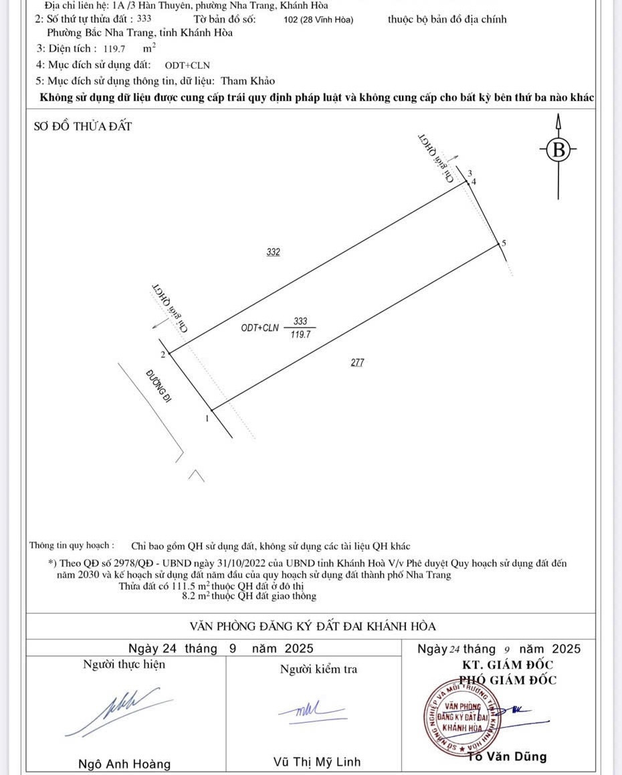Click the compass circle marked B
[x=558, y=150]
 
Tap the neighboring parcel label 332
[x=273, y=252]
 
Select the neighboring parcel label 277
[x=358, y=362]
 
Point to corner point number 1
[x=207, y=419]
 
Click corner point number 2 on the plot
[x=163, y=352]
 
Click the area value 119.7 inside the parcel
[x=300, y=334]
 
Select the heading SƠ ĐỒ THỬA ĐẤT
[x=83, y=126]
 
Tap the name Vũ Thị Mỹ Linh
[x=317, y=762]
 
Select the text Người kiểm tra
[x=318, y=669]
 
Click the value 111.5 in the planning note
[x=185, y=586]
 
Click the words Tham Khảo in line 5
[x=248, y=81]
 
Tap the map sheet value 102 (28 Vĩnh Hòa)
[x=318, y=19]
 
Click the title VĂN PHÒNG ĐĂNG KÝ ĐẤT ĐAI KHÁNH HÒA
[x=312, y=627]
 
